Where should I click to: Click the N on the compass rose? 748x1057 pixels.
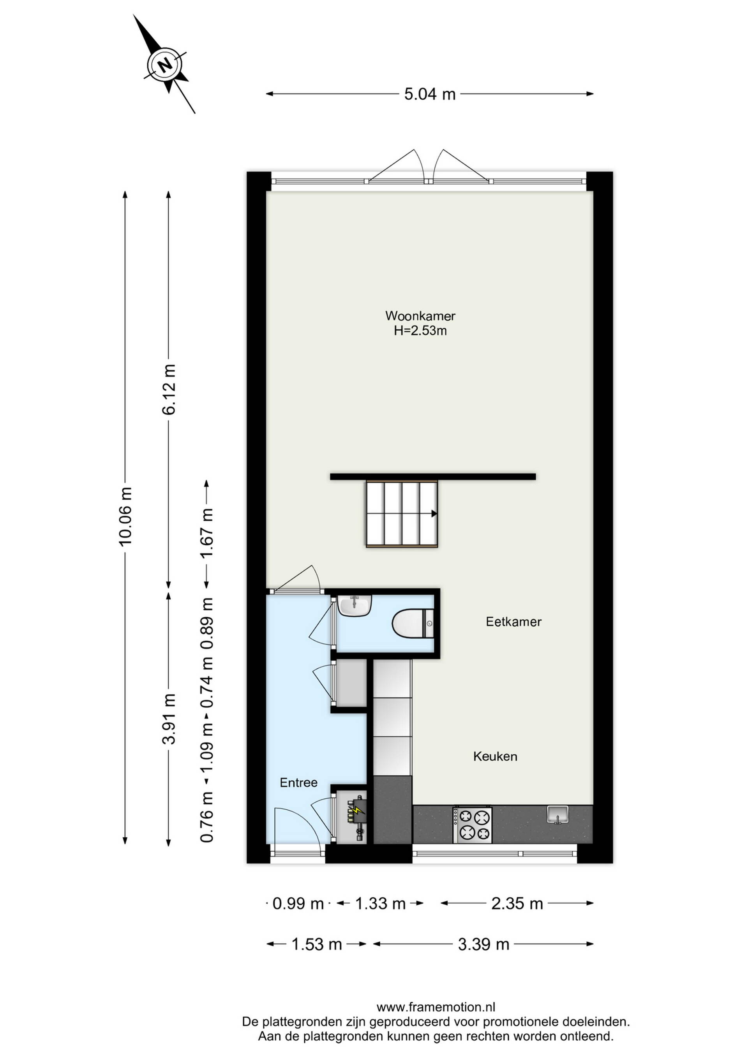coord(165,64)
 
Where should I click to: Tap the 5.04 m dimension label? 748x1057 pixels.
coord(430,94)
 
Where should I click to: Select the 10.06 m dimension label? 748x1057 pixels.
coord(125,516)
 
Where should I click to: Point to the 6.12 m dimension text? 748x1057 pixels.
coord(169,389)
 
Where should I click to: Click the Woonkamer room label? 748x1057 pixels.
coord(420,316)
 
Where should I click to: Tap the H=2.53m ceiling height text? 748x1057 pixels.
coord(420,331)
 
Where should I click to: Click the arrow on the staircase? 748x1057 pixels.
coord(434,514)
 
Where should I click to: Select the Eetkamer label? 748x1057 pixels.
coord(513,622)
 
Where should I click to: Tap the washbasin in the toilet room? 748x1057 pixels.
coord(354,605)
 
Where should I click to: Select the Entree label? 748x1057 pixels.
coord(298,782)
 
